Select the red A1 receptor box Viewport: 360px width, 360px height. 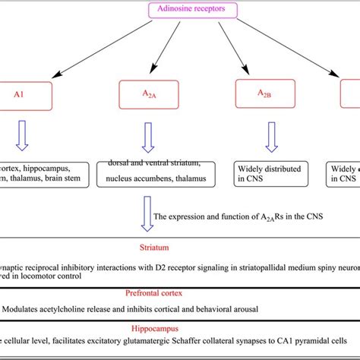[x=27, y=96]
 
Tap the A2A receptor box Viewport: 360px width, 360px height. [x=145, y=96]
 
